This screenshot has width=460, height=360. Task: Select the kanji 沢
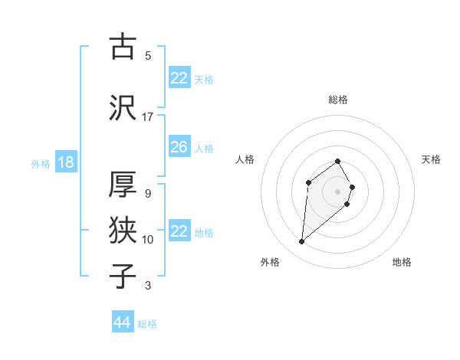[123, 110]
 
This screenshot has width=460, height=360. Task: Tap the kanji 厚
[123, 185]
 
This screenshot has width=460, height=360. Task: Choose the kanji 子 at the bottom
[123, 276]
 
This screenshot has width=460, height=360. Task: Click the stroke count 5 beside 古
[148, 56]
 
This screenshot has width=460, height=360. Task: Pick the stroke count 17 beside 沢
[148, 117]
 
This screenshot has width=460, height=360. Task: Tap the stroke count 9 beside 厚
[148, 193]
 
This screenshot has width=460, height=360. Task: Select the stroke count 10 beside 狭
[148, 240]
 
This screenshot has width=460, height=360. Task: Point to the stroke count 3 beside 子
[148, 286]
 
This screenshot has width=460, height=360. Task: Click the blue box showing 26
[179, 147]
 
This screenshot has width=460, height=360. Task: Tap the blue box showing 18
[65, 162]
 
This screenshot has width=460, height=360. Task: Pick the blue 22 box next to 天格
[179, 78]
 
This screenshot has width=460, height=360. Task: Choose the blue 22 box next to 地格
[179, 231]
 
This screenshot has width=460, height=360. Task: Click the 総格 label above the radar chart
[338, 100]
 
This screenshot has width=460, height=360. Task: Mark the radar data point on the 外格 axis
[301, 242]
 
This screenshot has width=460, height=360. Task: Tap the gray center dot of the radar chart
[338, 191]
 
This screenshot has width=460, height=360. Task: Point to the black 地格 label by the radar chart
[402, 262]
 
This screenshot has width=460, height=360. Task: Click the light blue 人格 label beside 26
[204, 148]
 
